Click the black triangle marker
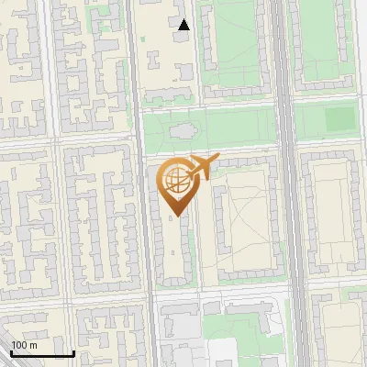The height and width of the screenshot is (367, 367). point(184,25)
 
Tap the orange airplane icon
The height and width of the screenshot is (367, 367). point(202,168)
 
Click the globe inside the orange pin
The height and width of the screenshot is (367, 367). point(175,180)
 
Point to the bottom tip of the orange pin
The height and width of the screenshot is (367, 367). point(175,216)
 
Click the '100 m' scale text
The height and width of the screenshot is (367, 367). point(25,345)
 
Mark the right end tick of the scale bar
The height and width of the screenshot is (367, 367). point(73,351)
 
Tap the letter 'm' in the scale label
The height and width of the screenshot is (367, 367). point(33,345)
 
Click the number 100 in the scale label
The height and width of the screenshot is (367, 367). point(19,345)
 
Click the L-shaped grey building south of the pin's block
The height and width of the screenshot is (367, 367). point(174,321)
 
